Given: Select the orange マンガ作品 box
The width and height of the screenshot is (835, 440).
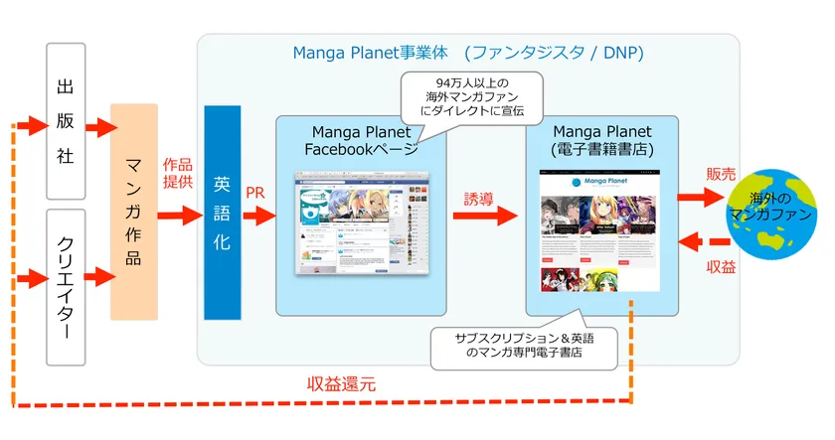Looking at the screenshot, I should click(x=134, y=212).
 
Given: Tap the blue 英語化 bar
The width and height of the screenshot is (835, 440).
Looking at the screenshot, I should click(x=222, y=212).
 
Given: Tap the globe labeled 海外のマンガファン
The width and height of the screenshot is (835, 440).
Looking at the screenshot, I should click(x=779, y=213).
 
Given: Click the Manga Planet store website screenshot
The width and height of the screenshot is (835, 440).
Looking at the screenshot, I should click(x=600, y=230).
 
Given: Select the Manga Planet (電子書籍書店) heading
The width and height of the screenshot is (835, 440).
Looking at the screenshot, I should click(x=600, y=140).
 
